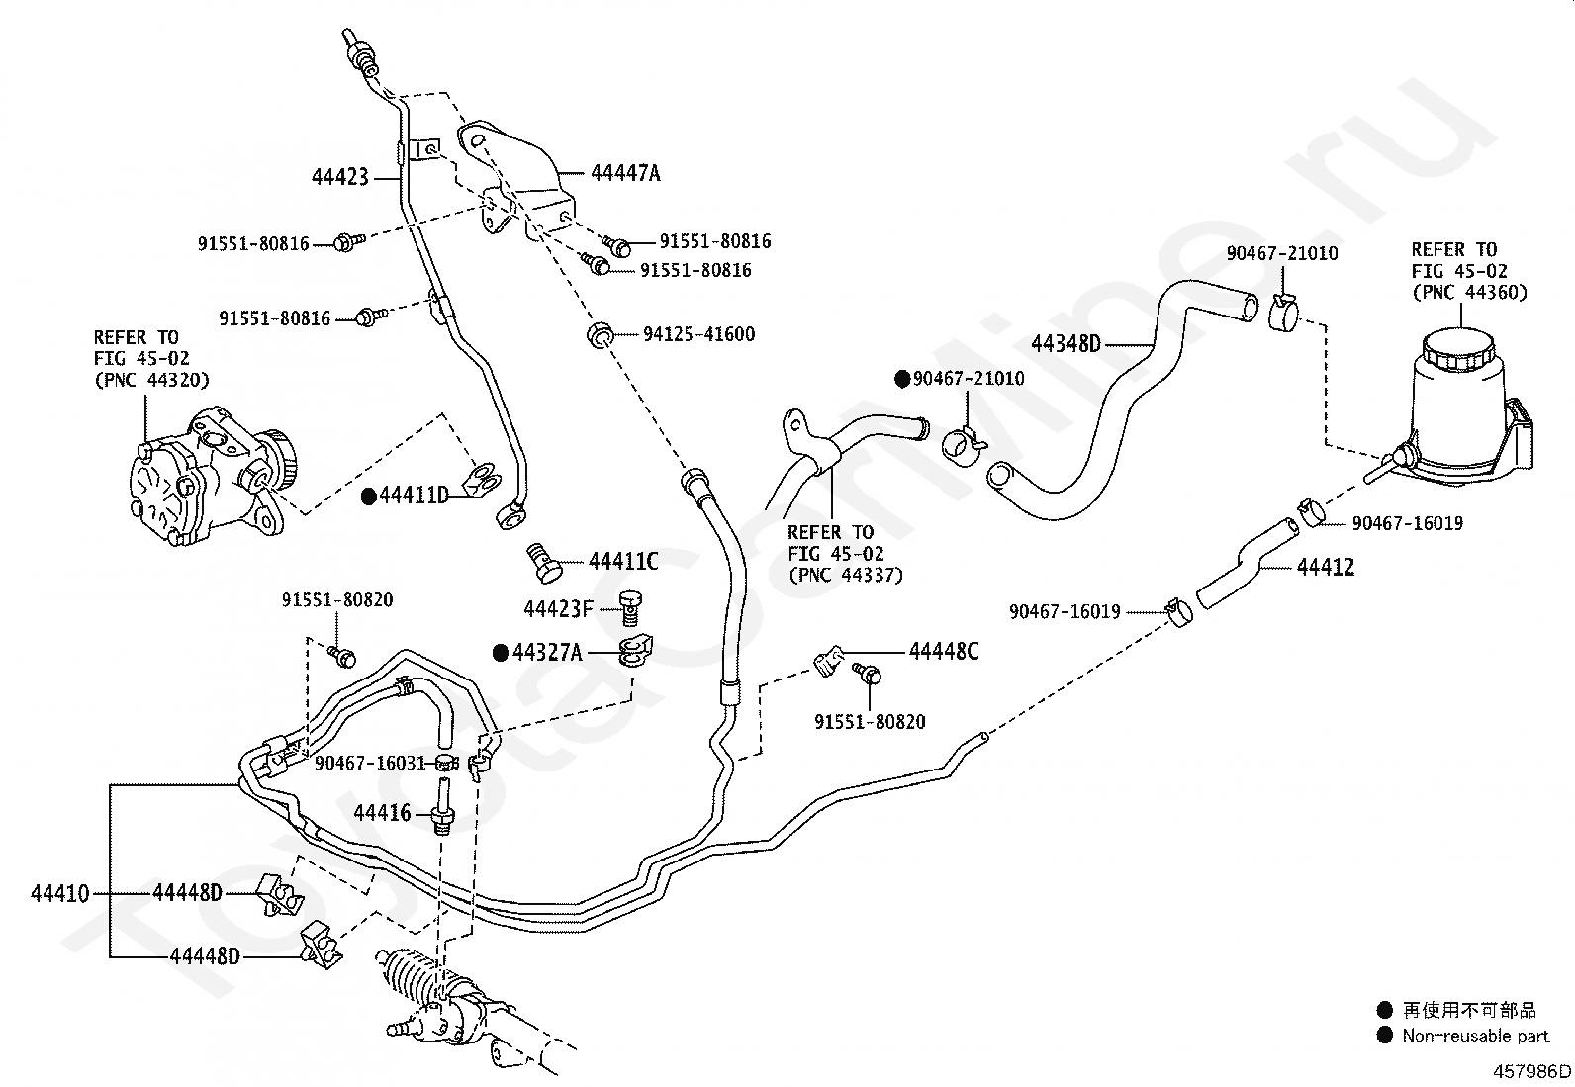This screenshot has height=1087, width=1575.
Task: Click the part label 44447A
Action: coord(625,173)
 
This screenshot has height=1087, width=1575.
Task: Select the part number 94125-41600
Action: coord(698,334)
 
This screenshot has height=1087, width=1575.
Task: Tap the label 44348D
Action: coord(1065,344)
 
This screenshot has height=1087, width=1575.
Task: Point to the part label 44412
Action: coord(1326,567)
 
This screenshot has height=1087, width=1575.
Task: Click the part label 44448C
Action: coord(944,651)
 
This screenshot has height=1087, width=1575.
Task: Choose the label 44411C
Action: coord(623,561)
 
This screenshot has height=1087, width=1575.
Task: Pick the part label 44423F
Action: coord(558,609)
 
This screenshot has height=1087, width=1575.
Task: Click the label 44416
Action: coord(382,813)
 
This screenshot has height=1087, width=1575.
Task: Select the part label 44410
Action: coord(59,894)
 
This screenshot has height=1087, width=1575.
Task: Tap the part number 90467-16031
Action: coord(371,763)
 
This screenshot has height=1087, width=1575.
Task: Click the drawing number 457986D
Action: coord(1531,1071)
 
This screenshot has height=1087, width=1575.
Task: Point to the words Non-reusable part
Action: coord(1476,1035)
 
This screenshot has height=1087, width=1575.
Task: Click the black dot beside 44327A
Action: coord(501,653)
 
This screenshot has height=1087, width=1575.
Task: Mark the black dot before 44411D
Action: coord(368,497)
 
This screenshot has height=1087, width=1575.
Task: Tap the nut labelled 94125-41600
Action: coord(600,335)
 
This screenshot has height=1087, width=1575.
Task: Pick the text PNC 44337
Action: coord(846,575)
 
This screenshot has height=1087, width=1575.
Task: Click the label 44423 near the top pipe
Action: coord(339,176)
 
